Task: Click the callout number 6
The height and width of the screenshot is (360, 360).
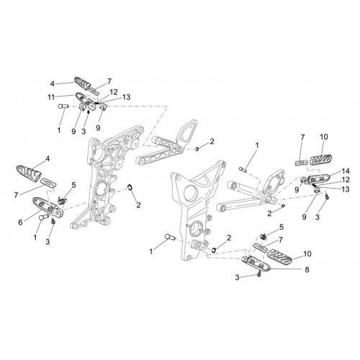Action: [x=20, y=222]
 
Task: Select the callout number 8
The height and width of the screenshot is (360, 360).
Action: [x=307, y=269]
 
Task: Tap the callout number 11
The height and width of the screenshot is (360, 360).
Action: [x=51, y=97]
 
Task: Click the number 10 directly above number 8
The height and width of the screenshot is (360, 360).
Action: [x=307, y=253]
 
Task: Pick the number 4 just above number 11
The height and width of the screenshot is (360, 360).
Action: [x=53, y=84]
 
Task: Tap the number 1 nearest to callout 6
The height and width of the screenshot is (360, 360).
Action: [x=35, y=238]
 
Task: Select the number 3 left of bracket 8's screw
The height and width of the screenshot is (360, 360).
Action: [x=237, y=278]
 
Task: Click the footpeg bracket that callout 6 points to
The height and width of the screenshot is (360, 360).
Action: [x=48, y=207]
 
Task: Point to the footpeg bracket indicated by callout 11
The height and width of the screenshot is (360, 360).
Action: [x=84, y=99]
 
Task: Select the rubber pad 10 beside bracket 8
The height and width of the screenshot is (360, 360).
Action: [x=279, y=256]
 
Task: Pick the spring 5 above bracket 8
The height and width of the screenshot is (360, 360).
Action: [x=264, y=236]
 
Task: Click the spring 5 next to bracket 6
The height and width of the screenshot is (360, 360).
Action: [x=63, y=200]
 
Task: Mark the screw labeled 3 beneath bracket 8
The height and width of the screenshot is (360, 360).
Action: [x=259, y=274]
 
